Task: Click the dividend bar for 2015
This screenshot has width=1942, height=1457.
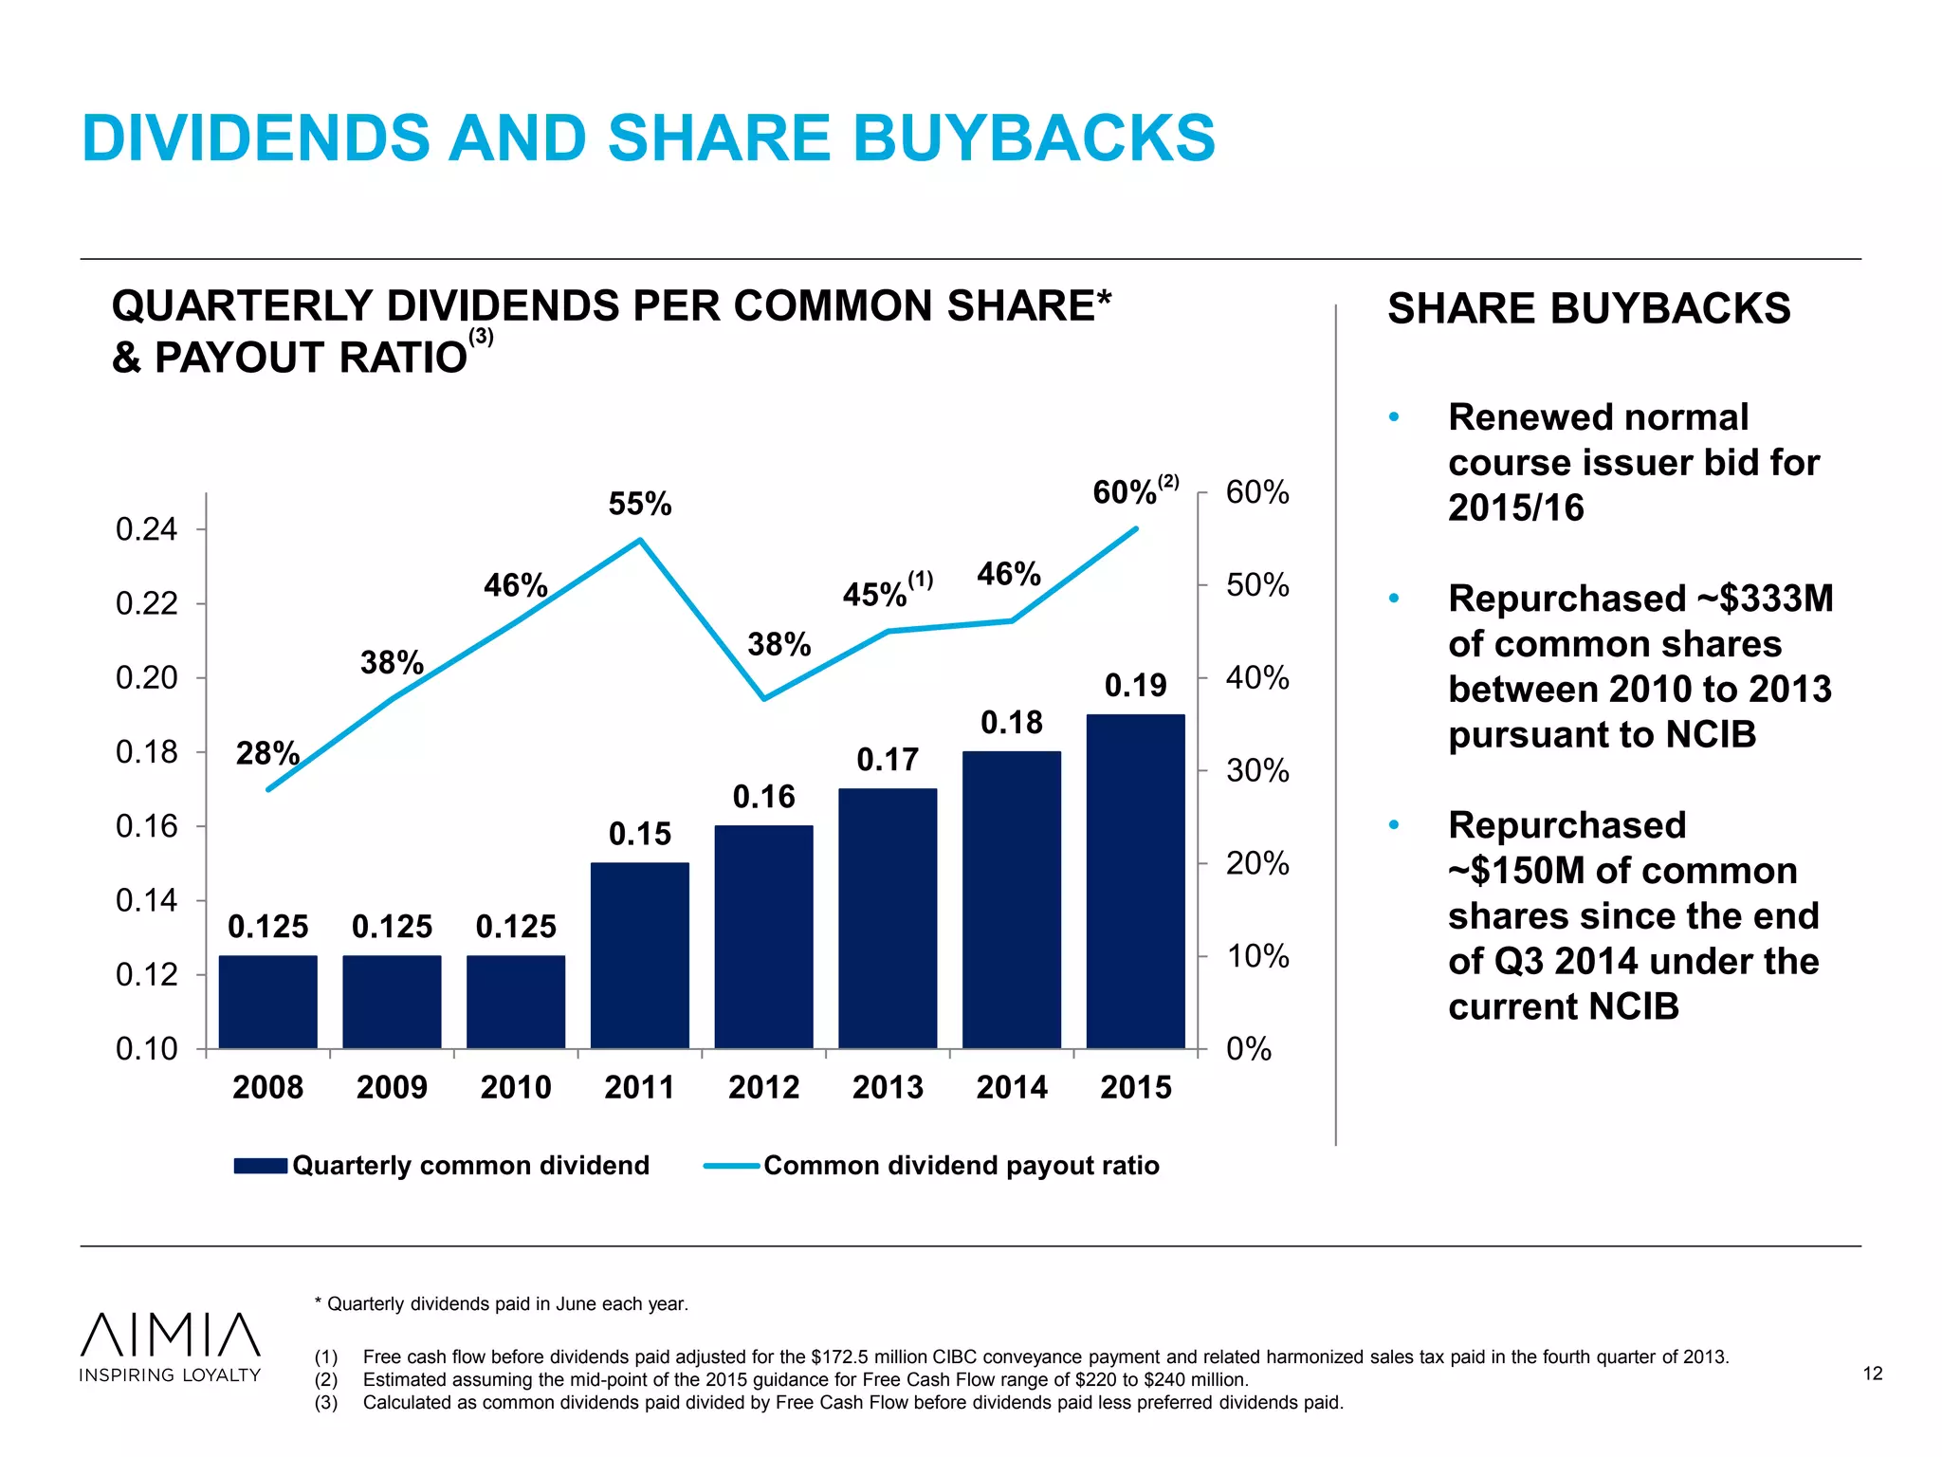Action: coord(1135,881)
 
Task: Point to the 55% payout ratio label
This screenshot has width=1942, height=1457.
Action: coord(640,504)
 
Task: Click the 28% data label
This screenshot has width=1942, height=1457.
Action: coord(266,754)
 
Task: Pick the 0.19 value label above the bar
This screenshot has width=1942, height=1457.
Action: coord(1135,686)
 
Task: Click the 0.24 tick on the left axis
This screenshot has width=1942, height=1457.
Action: coord(147,529)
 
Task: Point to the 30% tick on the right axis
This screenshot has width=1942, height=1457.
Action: coord(1257,770)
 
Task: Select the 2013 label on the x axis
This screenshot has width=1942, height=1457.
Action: coord(888,1087)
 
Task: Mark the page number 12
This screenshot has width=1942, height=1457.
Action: coord(1872,1374)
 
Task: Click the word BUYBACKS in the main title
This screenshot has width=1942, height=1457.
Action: coord(1034,138)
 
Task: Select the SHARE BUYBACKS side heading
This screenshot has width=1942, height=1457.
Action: coord(1588,309)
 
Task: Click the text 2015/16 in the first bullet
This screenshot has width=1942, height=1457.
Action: coord(1515,508)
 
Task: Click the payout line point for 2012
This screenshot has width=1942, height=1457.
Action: coord(764,699)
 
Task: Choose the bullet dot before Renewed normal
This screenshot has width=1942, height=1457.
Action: coord(1394,417)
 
